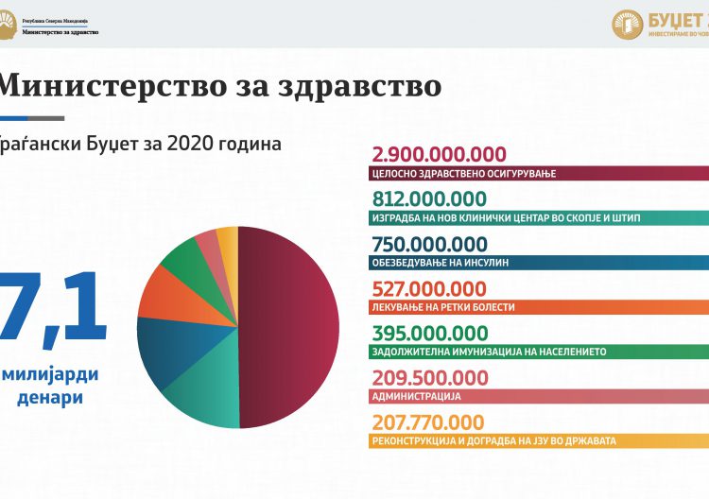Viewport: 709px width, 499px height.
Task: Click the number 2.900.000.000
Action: [x=441, y=156]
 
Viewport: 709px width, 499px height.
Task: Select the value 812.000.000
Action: [x=430, y=199]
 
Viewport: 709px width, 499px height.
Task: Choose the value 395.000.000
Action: [x=430, y=333]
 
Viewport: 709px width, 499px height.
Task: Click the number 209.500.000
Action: [x=430, y=377]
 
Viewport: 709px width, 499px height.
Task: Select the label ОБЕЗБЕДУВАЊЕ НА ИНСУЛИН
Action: [x=446, y=262]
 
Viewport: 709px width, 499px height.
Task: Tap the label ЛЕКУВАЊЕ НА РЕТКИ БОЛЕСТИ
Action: [x=448, y=306]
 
